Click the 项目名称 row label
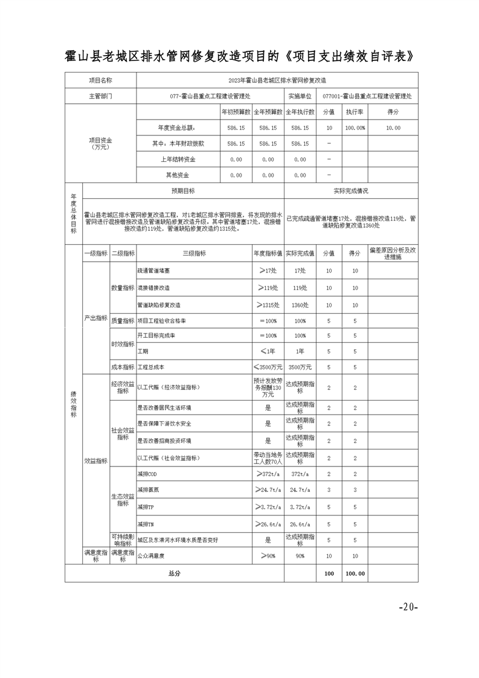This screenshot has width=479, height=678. (101, 80)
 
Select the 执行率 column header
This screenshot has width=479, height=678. (355, 112)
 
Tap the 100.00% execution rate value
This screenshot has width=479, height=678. (355, 128)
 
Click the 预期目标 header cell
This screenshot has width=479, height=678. (183, 191)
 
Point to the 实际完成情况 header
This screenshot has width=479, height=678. (350, 191)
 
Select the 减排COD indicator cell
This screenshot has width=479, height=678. (149, 474)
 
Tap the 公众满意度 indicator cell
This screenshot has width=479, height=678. (151, 555)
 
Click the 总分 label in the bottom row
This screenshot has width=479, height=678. (174, 573)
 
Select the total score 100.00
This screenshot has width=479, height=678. (355, 573)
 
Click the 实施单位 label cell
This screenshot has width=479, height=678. (300, 95)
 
